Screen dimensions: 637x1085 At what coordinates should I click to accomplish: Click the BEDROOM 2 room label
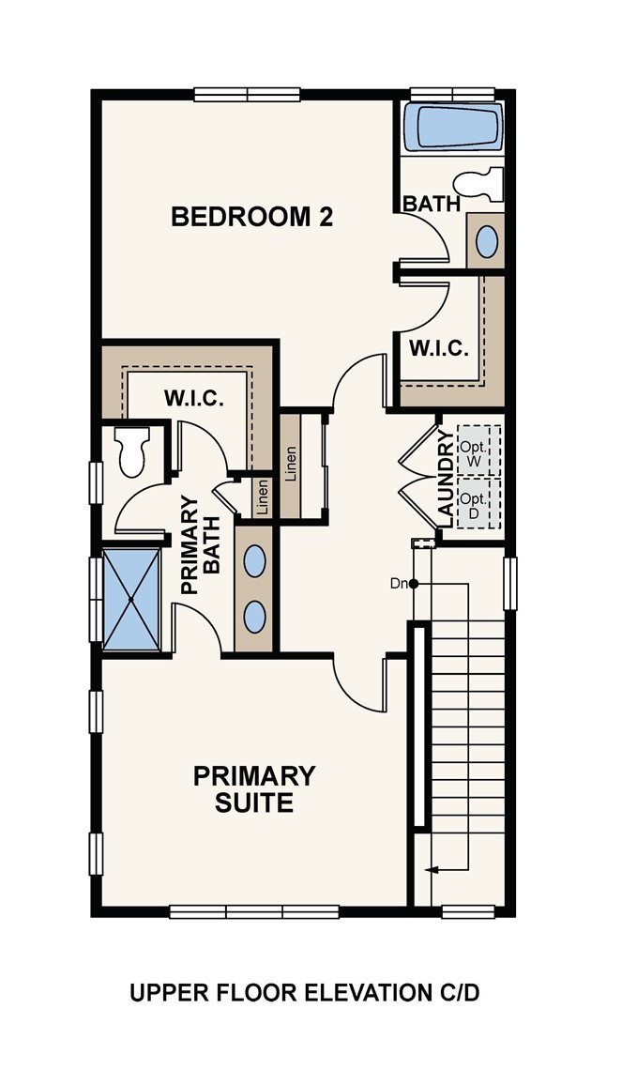(x=251, y=217)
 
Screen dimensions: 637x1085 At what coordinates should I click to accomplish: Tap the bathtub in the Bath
(x=454, y=127)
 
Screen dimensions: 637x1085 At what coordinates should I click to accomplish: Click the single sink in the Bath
(x=487, y=241)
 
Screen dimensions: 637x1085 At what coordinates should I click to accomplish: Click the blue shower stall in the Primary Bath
(x=131, y=599)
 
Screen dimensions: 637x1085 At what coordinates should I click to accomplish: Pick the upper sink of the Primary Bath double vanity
(x=255, y=561)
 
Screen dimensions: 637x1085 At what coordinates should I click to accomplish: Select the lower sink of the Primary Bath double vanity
(x=255, y=617)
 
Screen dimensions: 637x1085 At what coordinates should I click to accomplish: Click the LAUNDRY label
(x=447, y=478)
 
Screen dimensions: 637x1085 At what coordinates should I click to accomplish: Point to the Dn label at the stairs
(x=399, y=583)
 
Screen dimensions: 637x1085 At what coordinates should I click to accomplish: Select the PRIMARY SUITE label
(x=254, y=788)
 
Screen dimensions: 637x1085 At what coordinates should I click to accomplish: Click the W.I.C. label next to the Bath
(x=438, y=348)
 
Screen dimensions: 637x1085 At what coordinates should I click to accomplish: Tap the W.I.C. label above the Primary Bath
(x=193, y=399)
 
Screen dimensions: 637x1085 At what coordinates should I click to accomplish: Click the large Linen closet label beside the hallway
(x=291, y=465)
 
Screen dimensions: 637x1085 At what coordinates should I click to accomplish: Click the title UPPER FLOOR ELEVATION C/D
(x=304, y=993)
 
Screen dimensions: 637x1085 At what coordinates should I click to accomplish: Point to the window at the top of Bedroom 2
(x=247, y=94)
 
